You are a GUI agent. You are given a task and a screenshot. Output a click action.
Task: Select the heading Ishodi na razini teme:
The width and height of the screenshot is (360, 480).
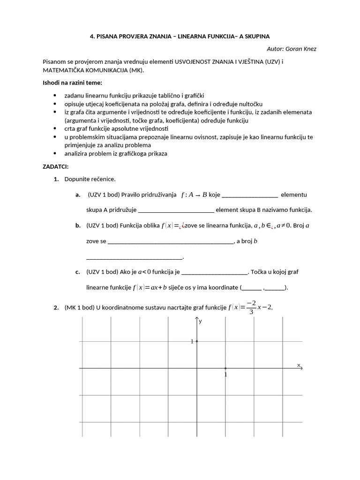click(68, 83)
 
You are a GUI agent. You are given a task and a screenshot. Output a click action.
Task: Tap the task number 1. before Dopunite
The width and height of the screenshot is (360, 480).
click(56, 179)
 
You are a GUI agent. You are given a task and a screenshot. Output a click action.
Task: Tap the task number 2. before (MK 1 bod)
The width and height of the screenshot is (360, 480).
click(56, 307)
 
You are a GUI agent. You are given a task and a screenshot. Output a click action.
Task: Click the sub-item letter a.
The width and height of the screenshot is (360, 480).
click(78, 195)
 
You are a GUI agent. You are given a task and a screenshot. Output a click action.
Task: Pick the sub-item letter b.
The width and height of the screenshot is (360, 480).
click(78, 225)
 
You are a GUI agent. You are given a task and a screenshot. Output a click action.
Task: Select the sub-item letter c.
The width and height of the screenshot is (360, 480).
click(78, 271)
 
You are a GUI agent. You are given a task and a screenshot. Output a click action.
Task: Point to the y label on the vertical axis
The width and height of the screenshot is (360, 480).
click(201, 322)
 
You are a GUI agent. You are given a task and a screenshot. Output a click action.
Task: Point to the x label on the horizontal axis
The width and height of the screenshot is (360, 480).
click(298, 364)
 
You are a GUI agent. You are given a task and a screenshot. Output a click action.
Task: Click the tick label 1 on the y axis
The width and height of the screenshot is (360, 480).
click(192, 342)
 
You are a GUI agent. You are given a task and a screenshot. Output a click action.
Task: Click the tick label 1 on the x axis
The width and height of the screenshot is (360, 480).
click(225, 375)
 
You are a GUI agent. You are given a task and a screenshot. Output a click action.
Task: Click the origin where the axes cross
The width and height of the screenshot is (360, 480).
click(196, 368)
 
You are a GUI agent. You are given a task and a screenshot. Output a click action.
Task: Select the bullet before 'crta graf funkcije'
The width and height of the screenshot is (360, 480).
click(55, 128)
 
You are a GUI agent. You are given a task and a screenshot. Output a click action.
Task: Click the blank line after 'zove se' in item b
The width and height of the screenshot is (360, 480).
click(170, 241)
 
